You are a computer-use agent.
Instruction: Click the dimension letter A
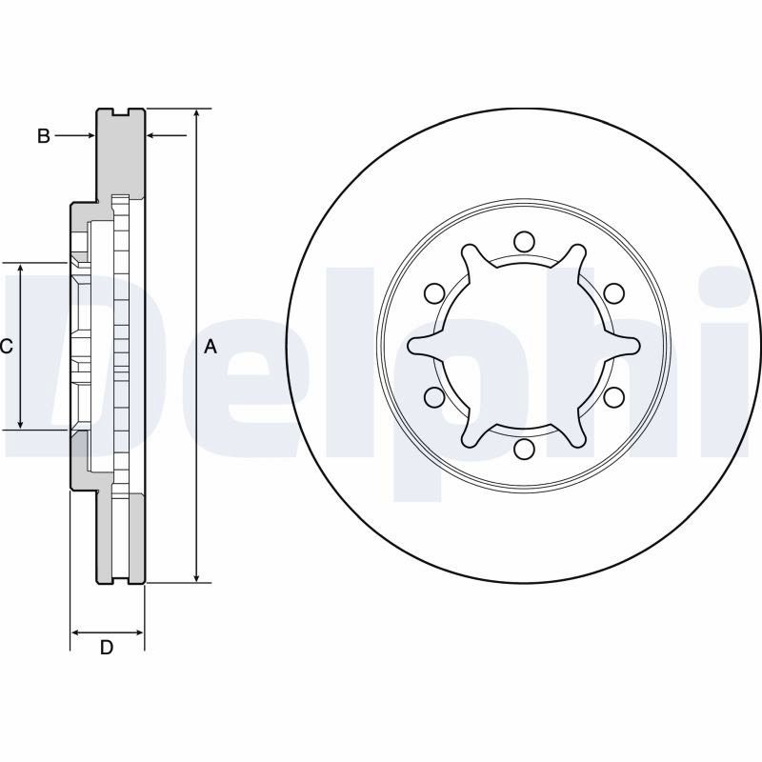point(210,347)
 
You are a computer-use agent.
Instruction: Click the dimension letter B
point(44,136)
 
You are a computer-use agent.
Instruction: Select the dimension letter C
point(6,347)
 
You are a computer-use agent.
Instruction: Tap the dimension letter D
point(107,648)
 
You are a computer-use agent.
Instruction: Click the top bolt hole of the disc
point(524,242)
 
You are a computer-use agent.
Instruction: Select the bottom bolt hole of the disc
point(524,449)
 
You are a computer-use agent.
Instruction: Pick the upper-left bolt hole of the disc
point(434,293)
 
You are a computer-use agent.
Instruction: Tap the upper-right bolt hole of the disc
point(613,293)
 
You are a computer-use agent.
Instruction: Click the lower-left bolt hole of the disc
point(434,397)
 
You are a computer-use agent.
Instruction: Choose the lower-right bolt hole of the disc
point(613,397)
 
